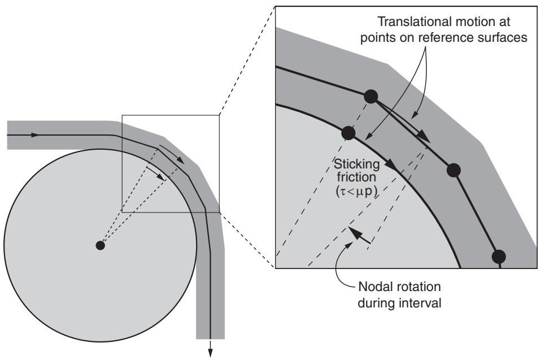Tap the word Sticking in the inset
coord(356,164)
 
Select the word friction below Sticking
coord(356,177)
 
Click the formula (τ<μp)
coord(356,192)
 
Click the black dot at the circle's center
coord(101,246)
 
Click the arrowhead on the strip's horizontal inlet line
coord(34,135)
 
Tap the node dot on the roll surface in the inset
coord(348,132)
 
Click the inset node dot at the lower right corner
coord(499,257)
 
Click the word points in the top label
coord(377,37)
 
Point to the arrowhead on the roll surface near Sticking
coord(393,165)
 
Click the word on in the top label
coord(406,37)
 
